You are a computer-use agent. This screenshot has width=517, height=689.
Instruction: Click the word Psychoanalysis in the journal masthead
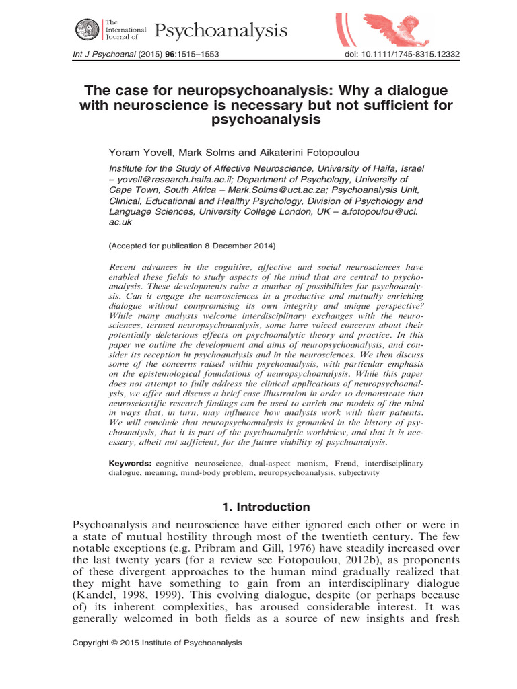point(221,30)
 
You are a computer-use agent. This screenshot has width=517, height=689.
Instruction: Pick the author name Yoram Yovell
point(137,153)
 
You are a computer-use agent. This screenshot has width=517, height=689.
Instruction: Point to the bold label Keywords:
point(131,464)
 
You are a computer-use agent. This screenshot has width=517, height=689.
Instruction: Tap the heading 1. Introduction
point(258,507)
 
